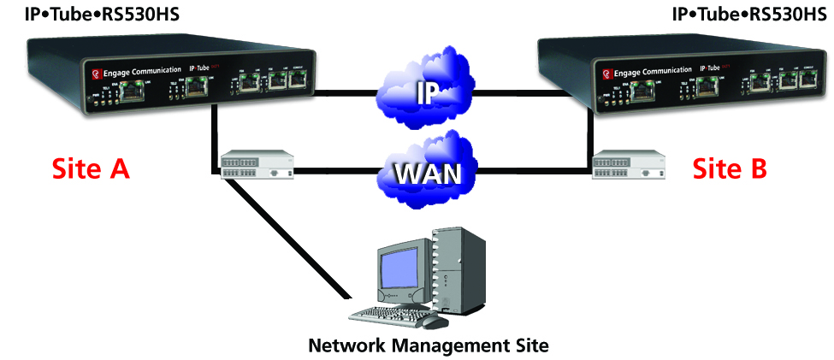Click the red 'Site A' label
coord(91,168)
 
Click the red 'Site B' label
coord(730,168)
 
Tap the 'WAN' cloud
coord(427,170)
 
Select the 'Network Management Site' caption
coord(427,345)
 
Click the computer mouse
coord(435,322)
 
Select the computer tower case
coord(459,265)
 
